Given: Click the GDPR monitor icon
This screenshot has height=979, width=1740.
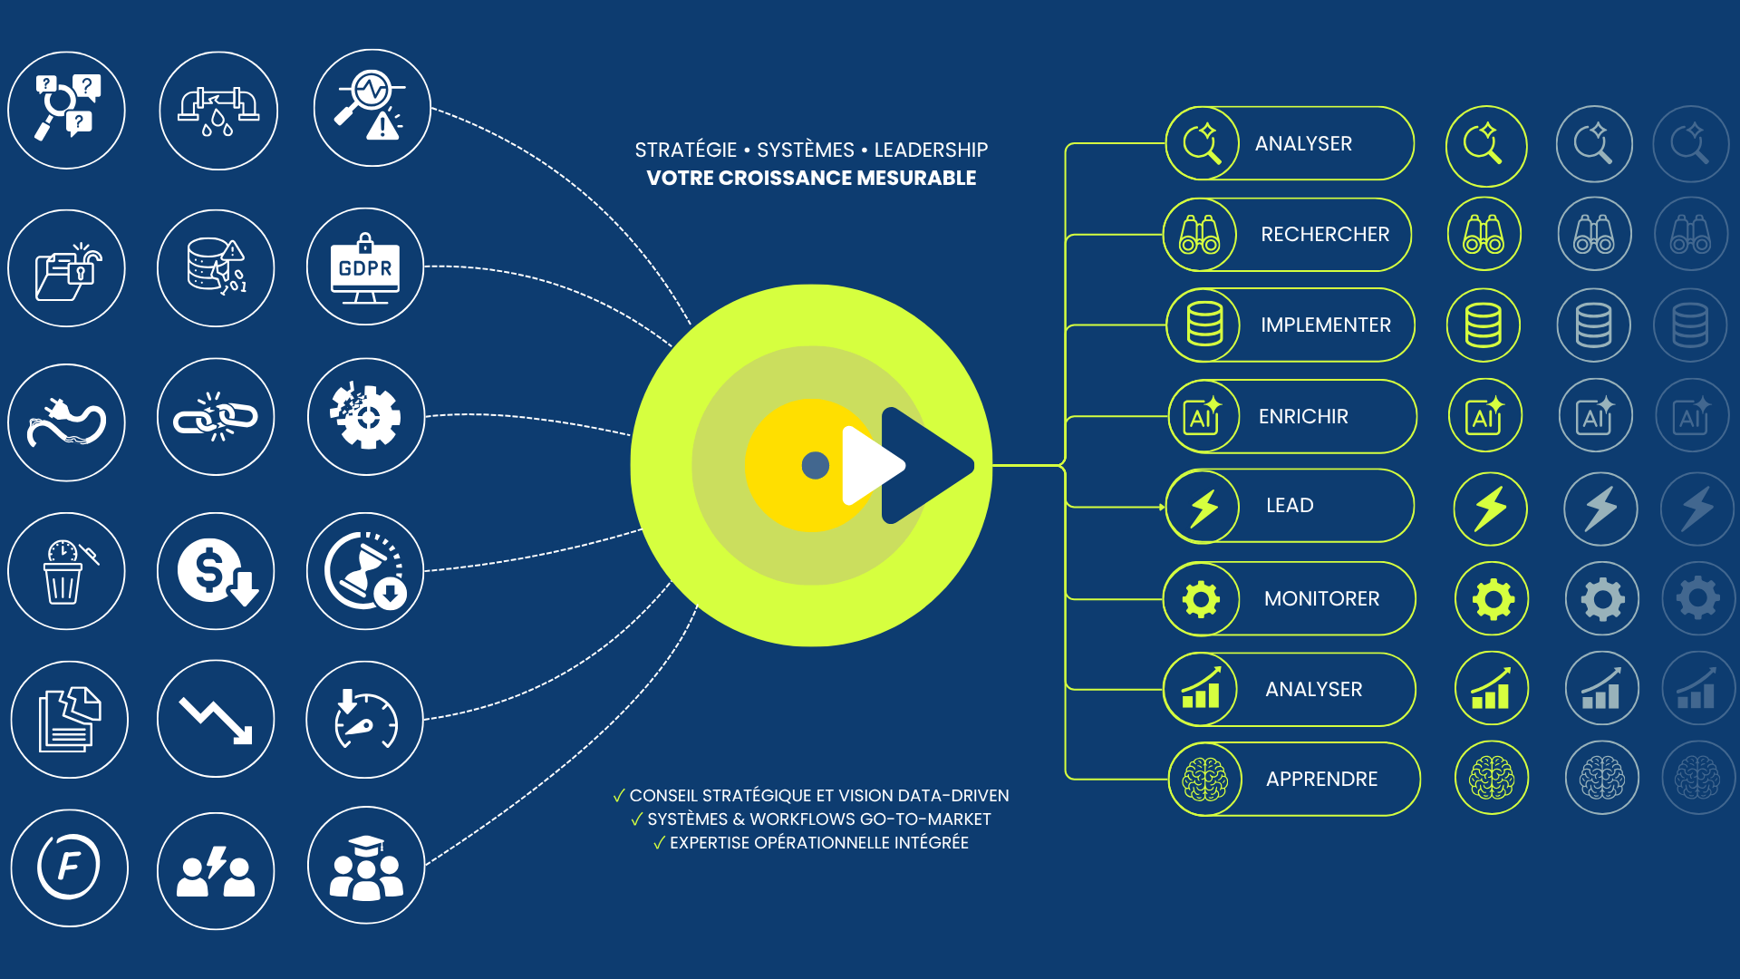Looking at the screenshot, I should [x=365, y=267].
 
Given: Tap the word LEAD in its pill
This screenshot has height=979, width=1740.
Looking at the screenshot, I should [x=1290, y=506].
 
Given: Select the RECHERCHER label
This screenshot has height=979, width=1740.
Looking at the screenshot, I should [x=1324, y=235].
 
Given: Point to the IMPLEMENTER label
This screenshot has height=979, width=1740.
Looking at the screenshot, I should [x=1325, y=325].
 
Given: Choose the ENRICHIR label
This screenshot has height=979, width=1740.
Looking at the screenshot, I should [x=1303, y=417].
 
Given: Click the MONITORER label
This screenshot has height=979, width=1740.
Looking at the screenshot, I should [x=1321, y=599].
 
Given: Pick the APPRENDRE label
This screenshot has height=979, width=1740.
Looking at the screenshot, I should [x=1321, y=780].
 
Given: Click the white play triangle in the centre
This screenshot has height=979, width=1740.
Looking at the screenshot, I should [x=871, y=465].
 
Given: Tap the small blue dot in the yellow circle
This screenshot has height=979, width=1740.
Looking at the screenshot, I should [x=816, y=465].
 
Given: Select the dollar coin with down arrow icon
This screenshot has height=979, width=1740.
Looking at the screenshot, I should [x=216, y=572].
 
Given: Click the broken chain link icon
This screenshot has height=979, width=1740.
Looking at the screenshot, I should [x=216, y=417].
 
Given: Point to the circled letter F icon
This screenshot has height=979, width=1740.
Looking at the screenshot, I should [x=69, y=868].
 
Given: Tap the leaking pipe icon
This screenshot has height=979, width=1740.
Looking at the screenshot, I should [x=218, y=111].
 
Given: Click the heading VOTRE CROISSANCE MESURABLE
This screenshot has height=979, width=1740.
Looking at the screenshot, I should [x=811, y=179].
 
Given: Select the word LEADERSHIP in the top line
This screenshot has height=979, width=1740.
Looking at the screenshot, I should [x=931, y=150].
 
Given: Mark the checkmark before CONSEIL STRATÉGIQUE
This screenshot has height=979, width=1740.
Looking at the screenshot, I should [x=619, y=796].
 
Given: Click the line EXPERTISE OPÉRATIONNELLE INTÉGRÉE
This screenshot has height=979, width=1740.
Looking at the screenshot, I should [x=818, y=843].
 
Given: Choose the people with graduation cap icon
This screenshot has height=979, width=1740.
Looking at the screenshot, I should [x=365, y=868].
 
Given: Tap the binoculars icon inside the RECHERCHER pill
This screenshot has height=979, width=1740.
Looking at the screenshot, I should [x=1200, y=235].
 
